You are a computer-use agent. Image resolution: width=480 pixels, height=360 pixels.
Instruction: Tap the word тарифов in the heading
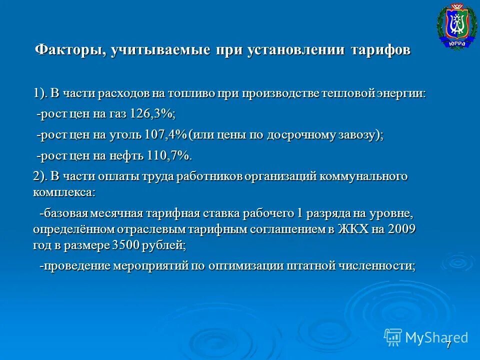click(x=380, y=50)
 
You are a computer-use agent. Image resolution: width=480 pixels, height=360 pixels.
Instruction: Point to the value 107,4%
click(x=165, y=135)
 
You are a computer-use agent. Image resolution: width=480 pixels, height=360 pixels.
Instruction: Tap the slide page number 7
click(x=448, y=345)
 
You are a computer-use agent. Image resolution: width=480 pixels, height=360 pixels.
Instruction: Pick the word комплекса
click(x=63, y=191)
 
